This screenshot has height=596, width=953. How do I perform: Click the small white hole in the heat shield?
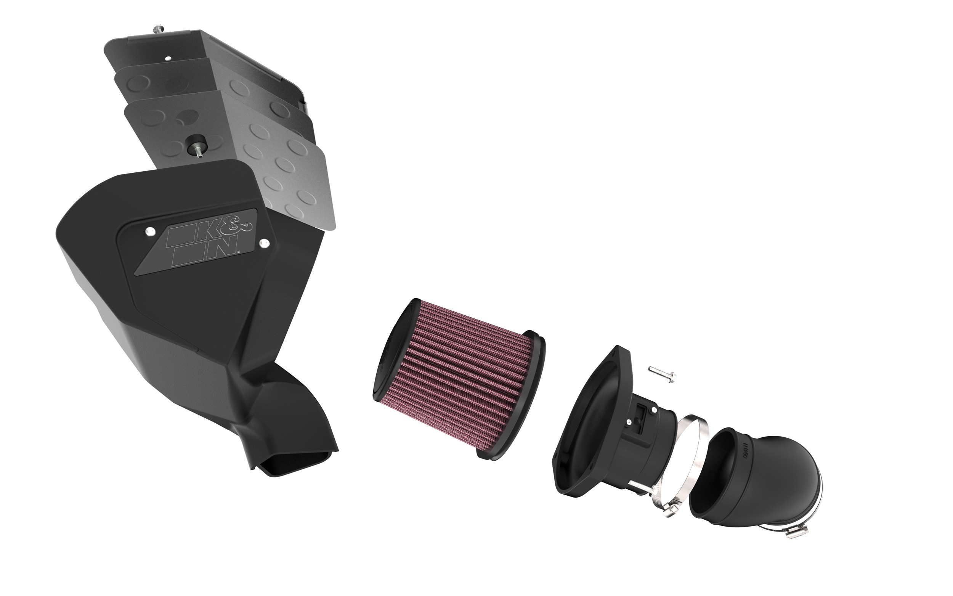point(168,58)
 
